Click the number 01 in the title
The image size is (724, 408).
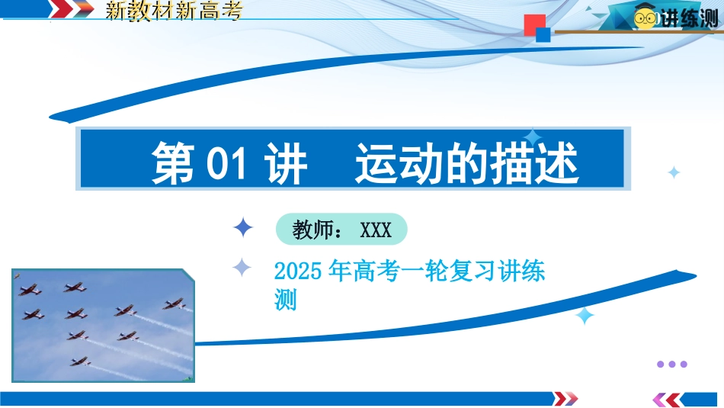pyautogui.click(x=226, y=163)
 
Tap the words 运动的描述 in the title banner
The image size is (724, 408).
pyautogui.click(x=466, y=163)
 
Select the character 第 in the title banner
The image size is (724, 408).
pyautogui.click(x=173, y=163)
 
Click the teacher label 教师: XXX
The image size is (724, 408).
pyautogui.click(x=341, y=230)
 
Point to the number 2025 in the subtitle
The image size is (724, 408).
pyautogui.click(x=298, y=271)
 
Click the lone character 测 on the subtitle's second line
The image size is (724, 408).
pyautogui.click(x=285, y=300)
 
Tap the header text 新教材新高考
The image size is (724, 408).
pyautogui.click(x=174, y=11)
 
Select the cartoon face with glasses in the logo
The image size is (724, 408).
pyautogui.click(x=645, y=18)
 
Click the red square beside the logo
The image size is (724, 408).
pyautogui.click(x=535, y=24)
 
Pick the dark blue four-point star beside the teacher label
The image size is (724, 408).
pyautogui.click(x=243, y=228)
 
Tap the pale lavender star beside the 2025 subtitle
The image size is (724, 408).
pyautogui.click(x=242, y=267)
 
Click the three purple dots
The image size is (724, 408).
pyautogui.click(x=672, y=364)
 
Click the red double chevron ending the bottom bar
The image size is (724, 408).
pyautogui.click(x=565, y=398)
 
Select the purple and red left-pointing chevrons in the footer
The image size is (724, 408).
pyautogui.click(x=668, y=400)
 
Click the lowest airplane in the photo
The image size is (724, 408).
pyautogui.click(x=80, y=361)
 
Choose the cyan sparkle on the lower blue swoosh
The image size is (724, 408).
pyautogui.click(x=585, y=316)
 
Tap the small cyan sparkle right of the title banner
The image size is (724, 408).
pyautogui.click(x=674, y=172)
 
